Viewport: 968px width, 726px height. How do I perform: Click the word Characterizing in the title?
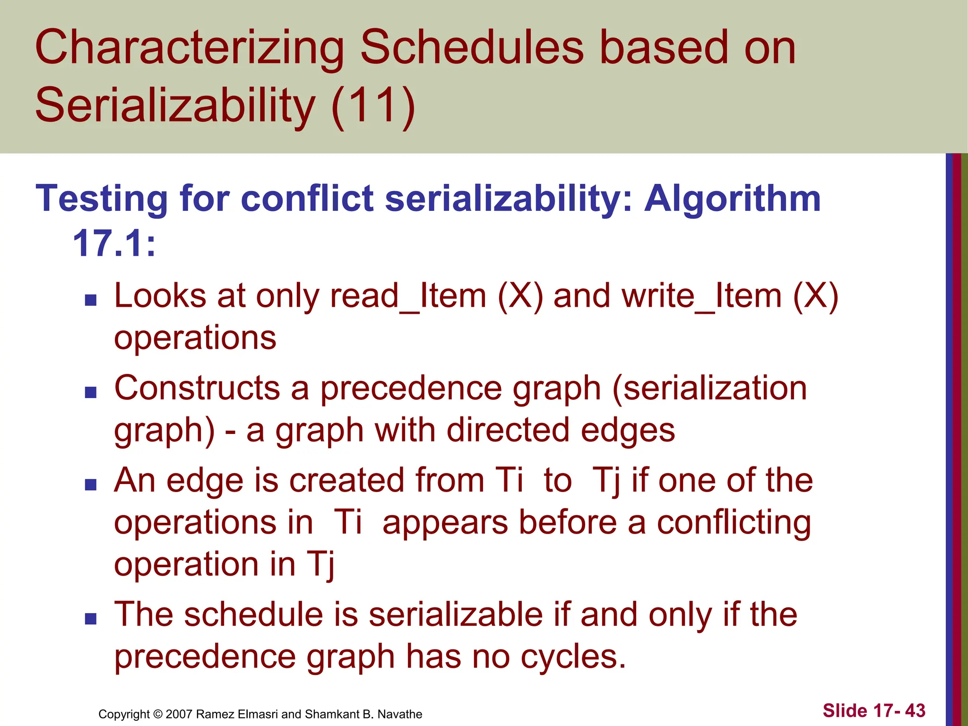(190, 48)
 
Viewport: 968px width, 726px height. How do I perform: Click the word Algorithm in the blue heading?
(732, 199)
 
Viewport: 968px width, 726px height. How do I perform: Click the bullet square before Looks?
(90, 300)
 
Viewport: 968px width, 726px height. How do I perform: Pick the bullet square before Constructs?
(90, 392)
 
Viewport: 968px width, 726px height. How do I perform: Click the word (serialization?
(709, 389)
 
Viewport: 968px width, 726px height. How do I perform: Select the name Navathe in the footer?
(399, 714)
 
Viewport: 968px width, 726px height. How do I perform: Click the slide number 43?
(915, 711)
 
